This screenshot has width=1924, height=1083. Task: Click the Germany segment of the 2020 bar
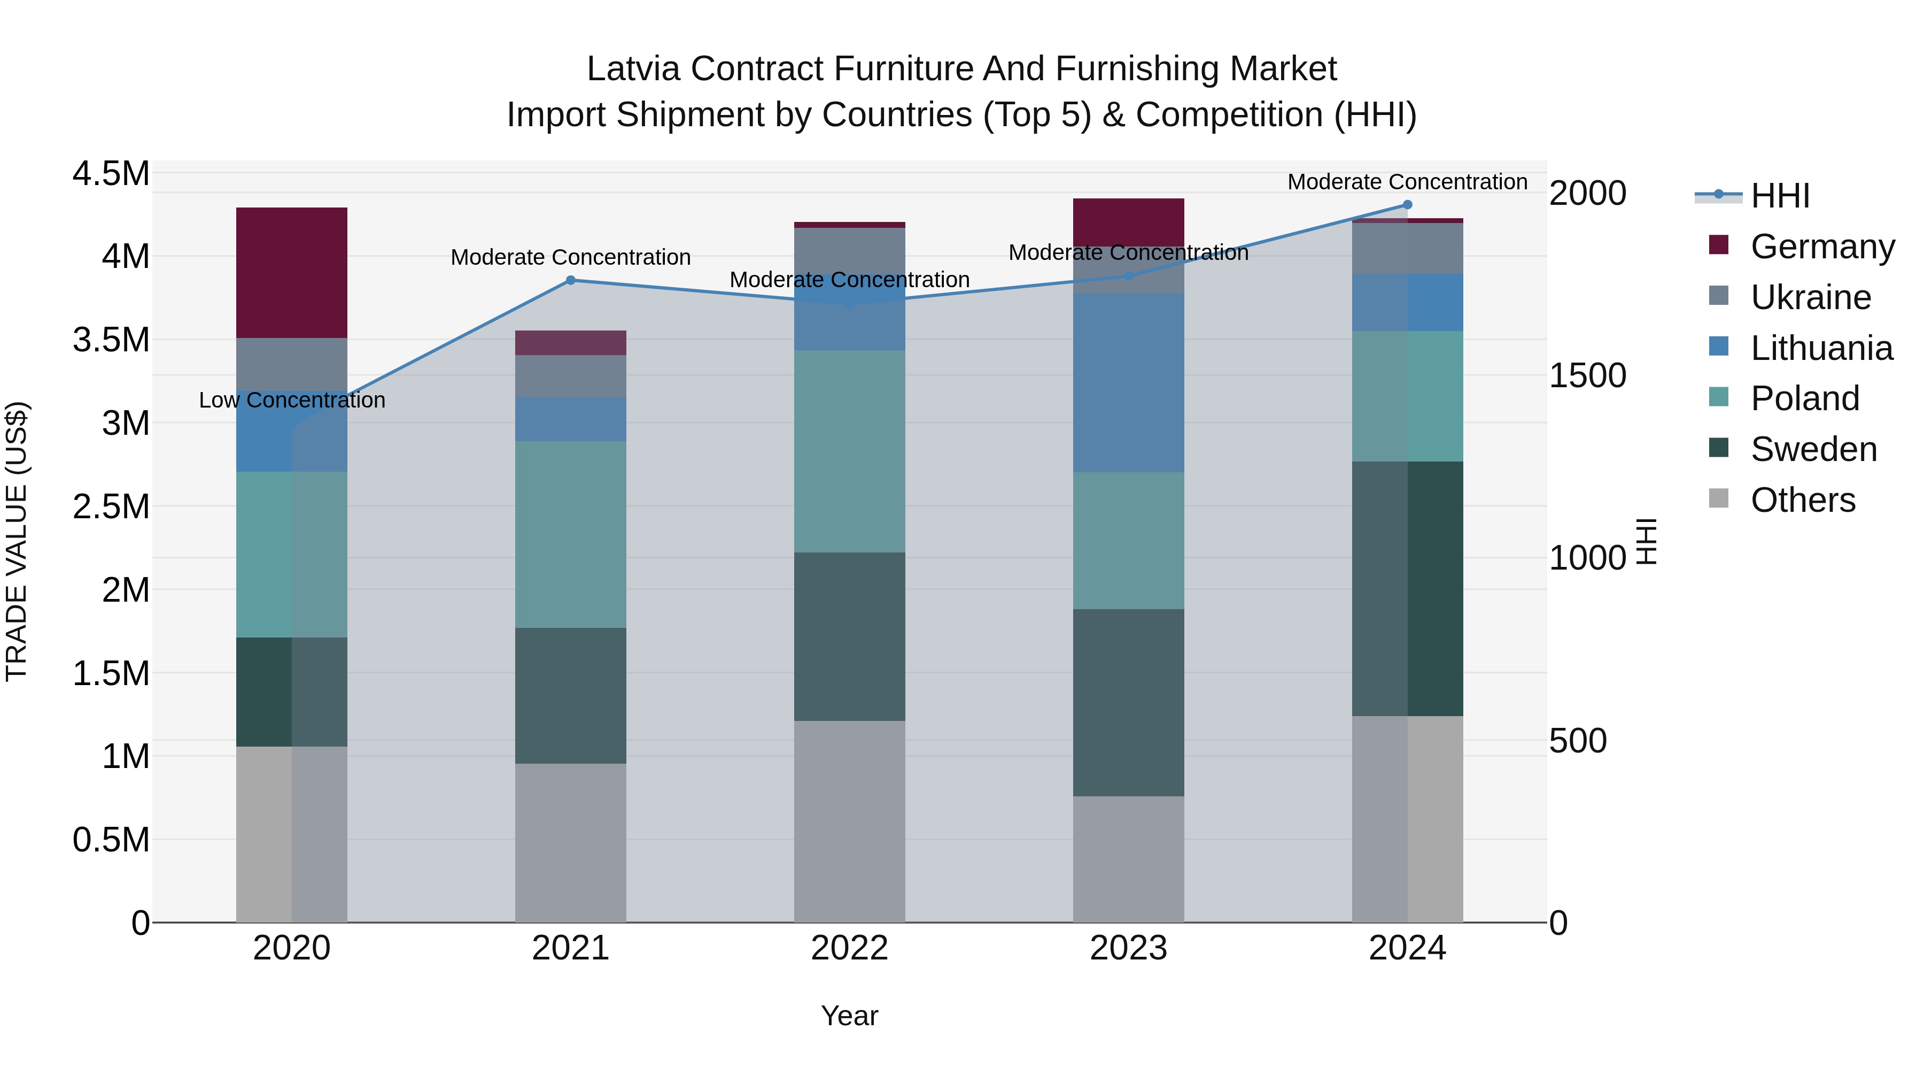(291, 272)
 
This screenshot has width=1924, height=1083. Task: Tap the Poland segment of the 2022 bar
(849, 451)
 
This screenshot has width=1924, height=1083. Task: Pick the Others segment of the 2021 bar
(571, 842)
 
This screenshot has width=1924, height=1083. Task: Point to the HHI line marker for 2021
(571, 280)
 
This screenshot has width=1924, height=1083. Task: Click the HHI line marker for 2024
(1407, 205)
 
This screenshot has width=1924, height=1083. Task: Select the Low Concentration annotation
(292, 400)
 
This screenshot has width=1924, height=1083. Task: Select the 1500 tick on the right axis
(1587, 375)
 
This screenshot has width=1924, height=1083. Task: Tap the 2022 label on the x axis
(849, 948)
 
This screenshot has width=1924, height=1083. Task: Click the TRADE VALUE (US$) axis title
(17, 541)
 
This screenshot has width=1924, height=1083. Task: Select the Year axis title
(849, 1016)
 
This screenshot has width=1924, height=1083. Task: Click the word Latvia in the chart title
(633, 69)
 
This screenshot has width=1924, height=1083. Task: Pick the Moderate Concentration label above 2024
(1407, 182)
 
